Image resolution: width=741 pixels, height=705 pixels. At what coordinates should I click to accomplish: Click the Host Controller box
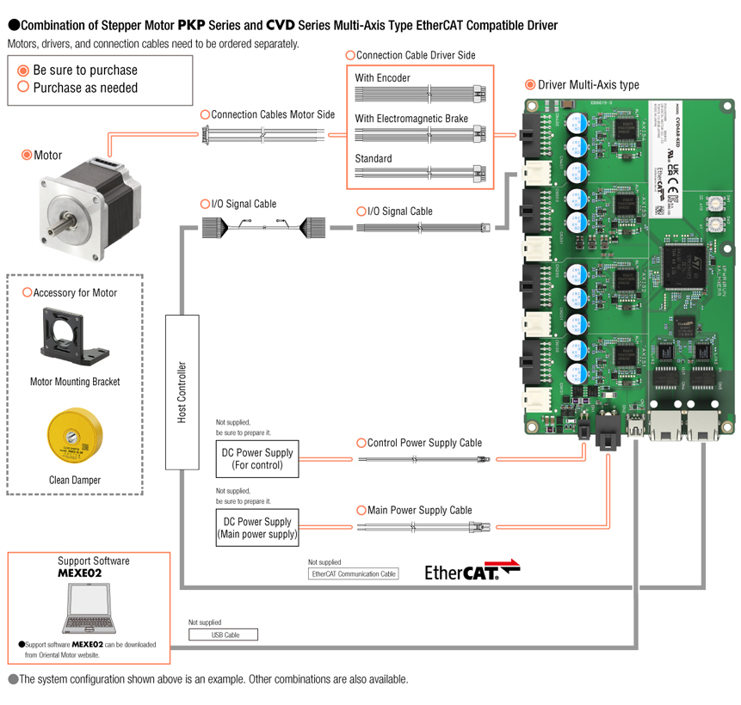coord(182,391)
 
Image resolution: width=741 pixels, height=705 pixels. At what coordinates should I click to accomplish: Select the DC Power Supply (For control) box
coord(257,459)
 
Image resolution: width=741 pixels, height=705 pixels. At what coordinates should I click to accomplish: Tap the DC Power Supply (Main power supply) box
coord(257,528)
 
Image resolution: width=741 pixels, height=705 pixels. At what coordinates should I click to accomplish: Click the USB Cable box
coord(223,635)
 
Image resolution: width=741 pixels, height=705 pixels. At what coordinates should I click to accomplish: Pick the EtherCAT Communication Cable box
coord(354,573)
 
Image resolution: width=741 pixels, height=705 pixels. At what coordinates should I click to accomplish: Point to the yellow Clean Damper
coord(74,438)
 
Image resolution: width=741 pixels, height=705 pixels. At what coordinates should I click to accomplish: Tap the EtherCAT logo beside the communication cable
coord(472,572)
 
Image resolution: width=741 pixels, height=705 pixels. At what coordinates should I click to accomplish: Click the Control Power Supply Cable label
coord(424,444)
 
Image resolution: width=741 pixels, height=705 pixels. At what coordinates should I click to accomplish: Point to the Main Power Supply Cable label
coord(419,511)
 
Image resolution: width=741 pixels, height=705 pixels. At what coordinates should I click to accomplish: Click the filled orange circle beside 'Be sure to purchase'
coord(23,70)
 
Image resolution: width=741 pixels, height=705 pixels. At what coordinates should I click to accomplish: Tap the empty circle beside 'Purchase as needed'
coord(23,88)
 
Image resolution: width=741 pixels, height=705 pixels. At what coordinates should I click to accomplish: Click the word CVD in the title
coord(280,26)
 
